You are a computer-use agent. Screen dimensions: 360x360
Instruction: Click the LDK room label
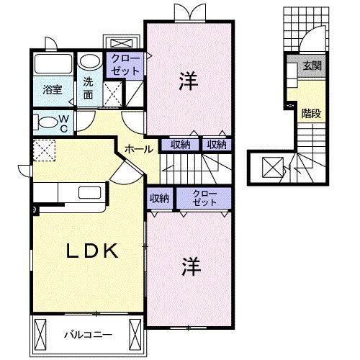(92, 251)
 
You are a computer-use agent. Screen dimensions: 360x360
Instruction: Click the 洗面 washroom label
(88, 88)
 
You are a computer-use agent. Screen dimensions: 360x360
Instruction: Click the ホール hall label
(138, 149)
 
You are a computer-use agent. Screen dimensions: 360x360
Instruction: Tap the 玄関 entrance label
(311, 66)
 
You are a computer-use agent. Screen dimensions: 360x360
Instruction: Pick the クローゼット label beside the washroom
(126, 66)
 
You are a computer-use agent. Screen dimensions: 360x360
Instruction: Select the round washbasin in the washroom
(89, 63)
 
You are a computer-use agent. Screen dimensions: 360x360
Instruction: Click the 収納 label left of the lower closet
(159, 197)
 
